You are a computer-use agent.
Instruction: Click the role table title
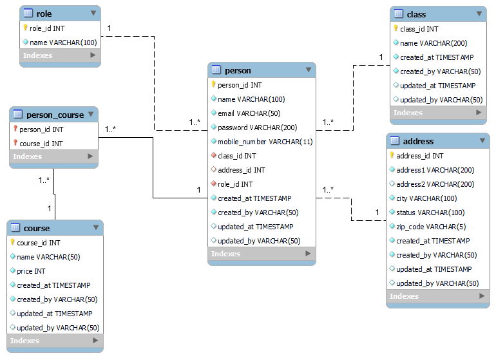click(44, 14)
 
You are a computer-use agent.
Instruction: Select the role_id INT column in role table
click(47, 28)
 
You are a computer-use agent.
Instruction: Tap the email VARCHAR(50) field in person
click(242, 113)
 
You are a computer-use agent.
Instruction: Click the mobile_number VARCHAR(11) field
click(265, 142)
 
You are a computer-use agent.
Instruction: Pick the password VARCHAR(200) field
click(257, 128)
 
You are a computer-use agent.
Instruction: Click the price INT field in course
click(31, 271)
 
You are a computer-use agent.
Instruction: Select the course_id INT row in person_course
click(40, 144)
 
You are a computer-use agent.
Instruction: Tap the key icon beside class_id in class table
click(396, 29)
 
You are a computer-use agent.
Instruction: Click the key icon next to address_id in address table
click(392, 156)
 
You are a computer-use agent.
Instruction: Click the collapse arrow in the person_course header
click(90, 114)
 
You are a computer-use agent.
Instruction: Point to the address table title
click(418, 141)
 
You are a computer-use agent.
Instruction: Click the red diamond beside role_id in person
click(213, 184)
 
